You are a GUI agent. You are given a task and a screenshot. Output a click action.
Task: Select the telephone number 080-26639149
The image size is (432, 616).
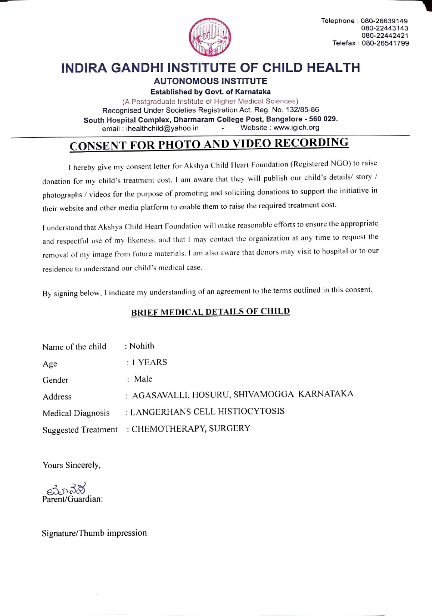point(384,21)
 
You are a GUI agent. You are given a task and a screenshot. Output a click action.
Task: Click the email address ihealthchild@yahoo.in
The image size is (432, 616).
point(162,128)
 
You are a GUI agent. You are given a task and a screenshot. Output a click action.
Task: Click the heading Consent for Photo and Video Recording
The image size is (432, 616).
point(209,144)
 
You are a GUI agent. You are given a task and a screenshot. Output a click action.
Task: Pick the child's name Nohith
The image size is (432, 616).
point(142,346)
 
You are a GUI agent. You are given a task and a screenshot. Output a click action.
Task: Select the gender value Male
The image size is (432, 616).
point(143,379)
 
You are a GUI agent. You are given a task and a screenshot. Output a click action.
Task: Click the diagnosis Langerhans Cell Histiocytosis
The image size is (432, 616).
point(207,412)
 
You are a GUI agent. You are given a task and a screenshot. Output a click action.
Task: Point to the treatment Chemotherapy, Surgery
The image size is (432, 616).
point(191,429)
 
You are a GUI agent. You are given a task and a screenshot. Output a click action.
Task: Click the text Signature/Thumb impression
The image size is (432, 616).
point(94,533)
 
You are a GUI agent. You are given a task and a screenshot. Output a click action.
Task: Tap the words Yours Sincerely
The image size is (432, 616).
point(71,465)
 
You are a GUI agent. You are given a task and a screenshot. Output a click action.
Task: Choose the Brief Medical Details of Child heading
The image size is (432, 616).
point(210,312)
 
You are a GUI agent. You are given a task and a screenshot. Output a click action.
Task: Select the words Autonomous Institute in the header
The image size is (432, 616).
point(210,81)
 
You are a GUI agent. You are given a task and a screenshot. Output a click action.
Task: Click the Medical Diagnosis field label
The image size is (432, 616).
point(76,413)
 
